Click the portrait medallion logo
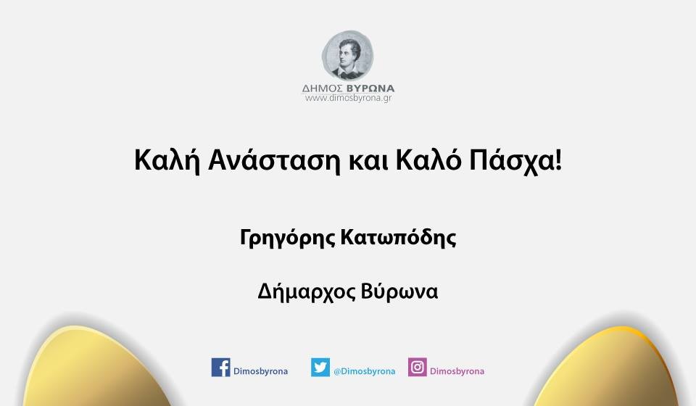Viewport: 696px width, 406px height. [348, 55]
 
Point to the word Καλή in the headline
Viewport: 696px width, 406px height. [160, 160]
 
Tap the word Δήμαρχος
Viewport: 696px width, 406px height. [304, 291]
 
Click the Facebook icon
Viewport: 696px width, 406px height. [220, 367]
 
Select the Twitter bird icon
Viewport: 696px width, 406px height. [320, 367]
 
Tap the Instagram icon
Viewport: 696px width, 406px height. [417, 367]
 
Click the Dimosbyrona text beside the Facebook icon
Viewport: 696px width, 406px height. [260, 371]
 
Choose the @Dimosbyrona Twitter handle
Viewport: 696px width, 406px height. [364, 371]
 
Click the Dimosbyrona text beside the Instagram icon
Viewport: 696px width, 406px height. [457, 371]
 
